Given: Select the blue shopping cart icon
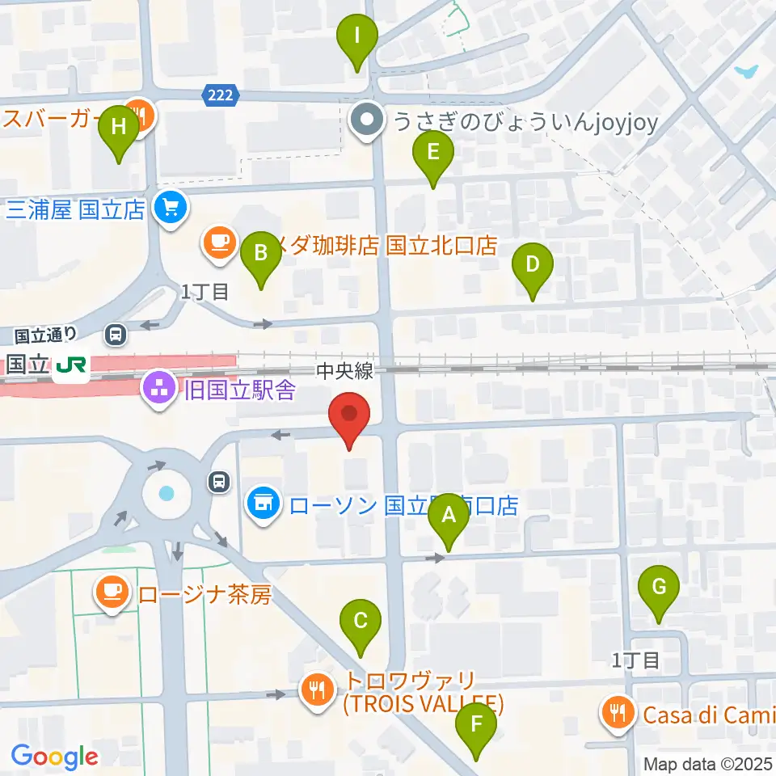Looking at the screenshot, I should click(x=171, y=209).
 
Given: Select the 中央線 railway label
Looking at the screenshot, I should click(x=344, y=371).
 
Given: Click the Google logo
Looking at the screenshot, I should click(x=54, y=756).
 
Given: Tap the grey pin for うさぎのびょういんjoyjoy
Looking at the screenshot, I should click(x=369, y=122).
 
